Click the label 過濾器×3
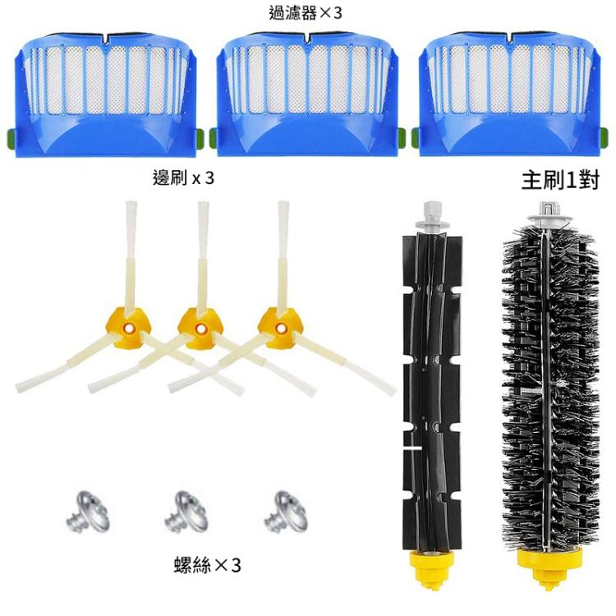tap(306, 12)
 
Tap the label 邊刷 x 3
tap(183, 178)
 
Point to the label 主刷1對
tap(560, 181)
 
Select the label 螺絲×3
tap(207, 565)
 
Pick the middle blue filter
tap(306, 94)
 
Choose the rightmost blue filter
tap(510, 94)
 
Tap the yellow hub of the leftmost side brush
tap(128, 328)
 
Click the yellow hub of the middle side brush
tap(200, 328)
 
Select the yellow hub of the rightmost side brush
tap(280, 328)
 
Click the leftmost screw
tap(87, 511)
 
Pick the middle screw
tap(186, 511)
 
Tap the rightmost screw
tap(285, 511)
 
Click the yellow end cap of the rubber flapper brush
tap(431, 568)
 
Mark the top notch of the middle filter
tap(306, 37)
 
